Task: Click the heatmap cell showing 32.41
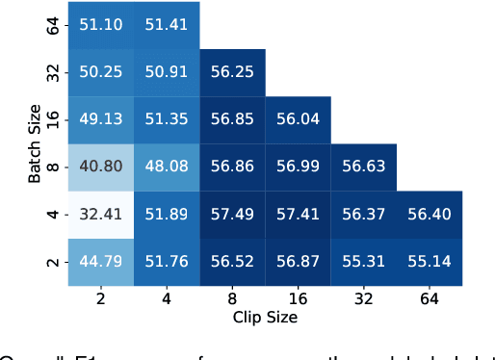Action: click(x=100, y=214)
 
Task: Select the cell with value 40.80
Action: click(x=100, y=167)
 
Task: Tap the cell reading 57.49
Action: click(x=232, y=214)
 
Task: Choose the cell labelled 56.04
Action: click(x=298, y=119)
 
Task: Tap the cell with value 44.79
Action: click(x=100, y=261)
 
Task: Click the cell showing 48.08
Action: click(x=166, y=167)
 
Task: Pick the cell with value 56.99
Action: click(x=298, y=167)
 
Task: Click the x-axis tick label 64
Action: click(x=429, y=299)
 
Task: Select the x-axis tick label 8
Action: click(x=232, y=299)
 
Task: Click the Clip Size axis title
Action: click(x=265, y=316)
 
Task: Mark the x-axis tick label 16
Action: click(x=298, y=299)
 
